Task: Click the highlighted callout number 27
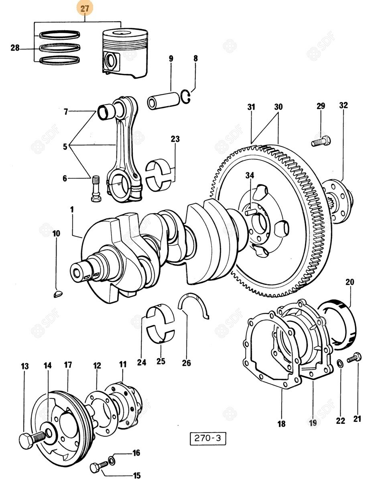[x=85, y=8]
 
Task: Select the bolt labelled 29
[x=321, y=142]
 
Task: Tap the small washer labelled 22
[x=340, y=364]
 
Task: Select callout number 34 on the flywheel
[x=250, y=176]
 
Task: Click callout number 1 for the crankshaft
[x=72, y=210]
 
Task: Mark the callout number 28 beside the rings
[x=15, y=48]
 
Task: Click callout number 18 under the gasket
[x=281, y=424]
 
